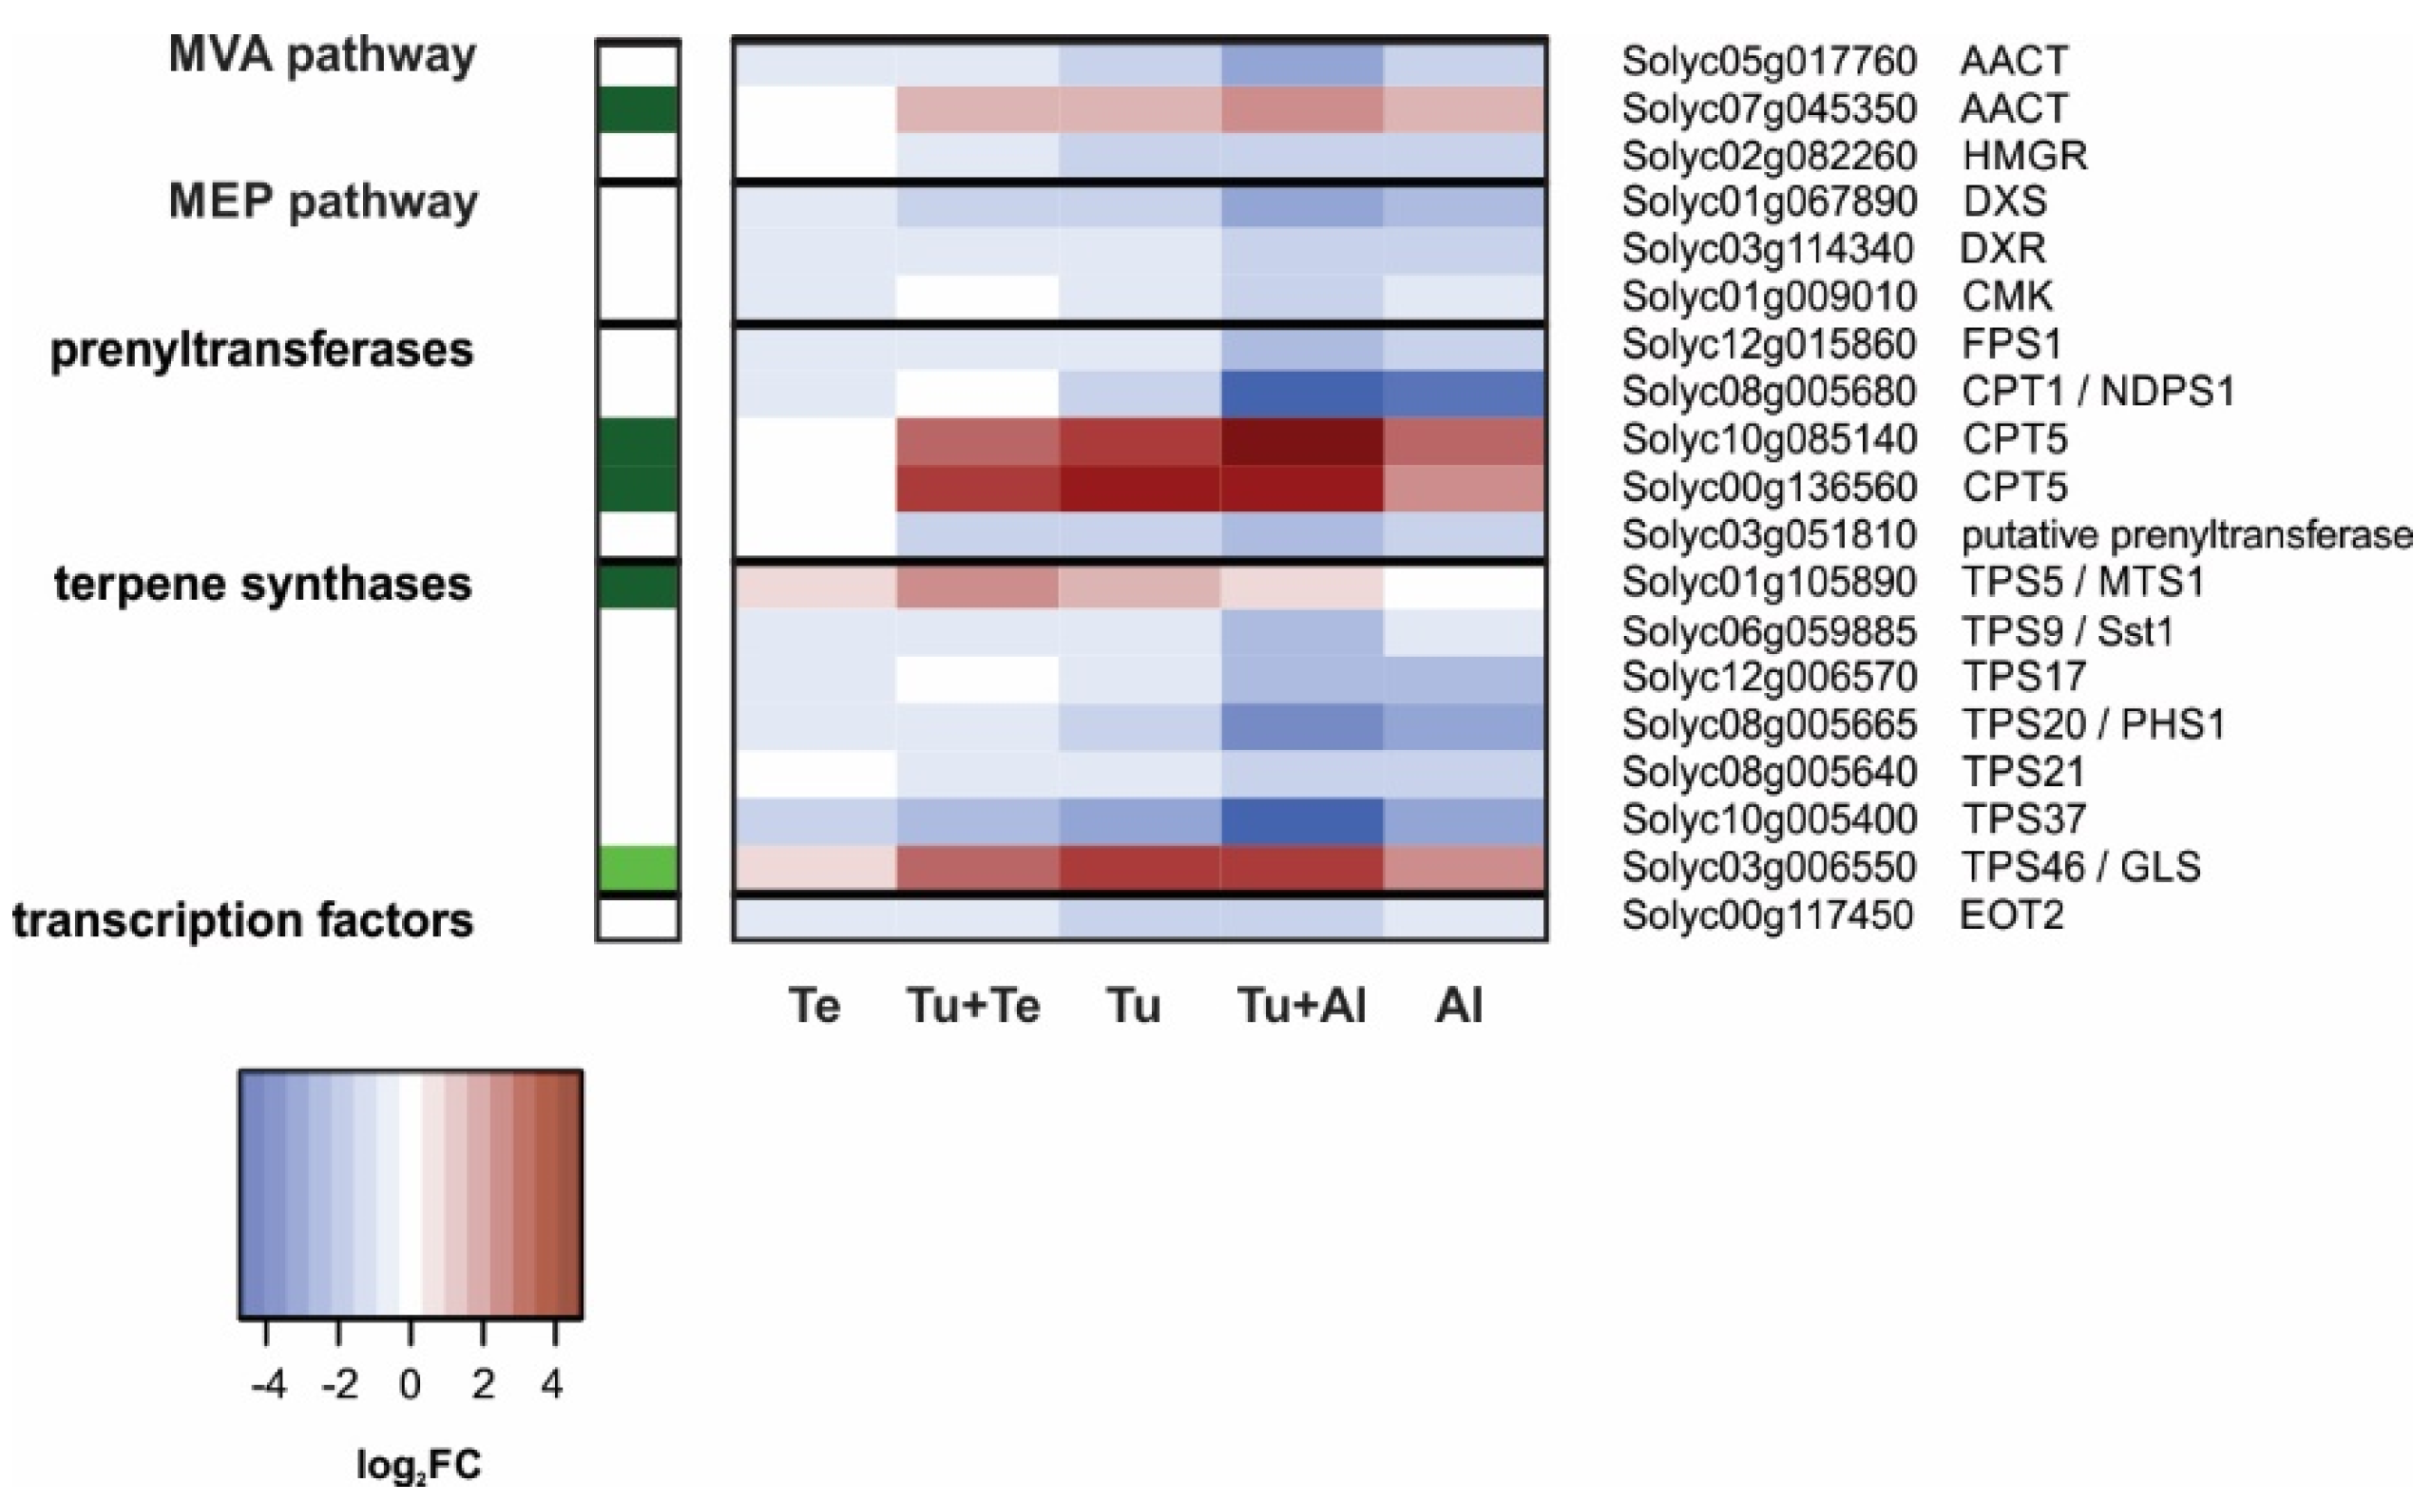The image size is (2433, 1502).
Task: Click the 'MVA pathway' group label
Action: click(x=322, y=56)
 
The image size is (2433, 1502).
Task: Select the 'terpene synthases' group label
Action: click(x=262, y=584)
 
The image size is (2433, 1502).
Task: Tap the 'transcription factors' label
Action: click(x=242, y=920)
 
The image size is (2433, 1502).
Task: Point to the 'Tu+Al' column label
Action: click(x=1301, y=1006)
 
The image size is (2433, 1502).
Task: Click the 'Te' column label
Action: click(x=814, y=1006)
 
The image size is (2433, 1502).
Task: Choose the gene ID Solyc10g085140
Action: click(x=1769, y=439)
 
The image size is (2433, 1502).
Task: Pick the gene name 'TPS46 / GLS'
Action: click(x=2080, y=867)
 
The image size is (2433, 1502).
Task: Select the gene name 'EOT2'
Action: click(x=2011, y=915)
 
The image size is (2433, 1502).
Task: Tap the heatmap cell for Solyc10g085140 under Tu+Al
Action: click(x=1302, y=440)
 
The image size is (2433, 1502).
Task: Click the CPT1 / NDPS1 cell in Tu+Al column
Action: click(x=1302, y=393)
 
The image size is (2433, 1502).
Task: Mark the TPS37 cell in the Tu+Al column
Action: click(x=1302, y=820)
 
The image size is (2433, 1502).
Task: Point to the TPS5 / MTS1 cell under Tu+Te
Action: click(x=977, y=585)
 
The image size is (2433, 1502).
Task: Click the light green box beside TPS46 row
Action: click(x=639, y=868)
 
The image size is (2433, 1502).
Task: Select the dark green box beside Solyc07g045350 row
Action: click(x=639, y=108)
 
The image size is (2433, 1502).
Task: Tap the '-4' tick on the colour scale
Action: click(x=268, y=1383)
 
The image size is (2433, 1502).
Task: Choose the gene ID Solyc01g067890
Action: click(x=1769, y=202)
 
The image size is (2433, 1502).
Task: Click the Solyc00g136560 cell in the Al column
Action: click(x=1465, y=488)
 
